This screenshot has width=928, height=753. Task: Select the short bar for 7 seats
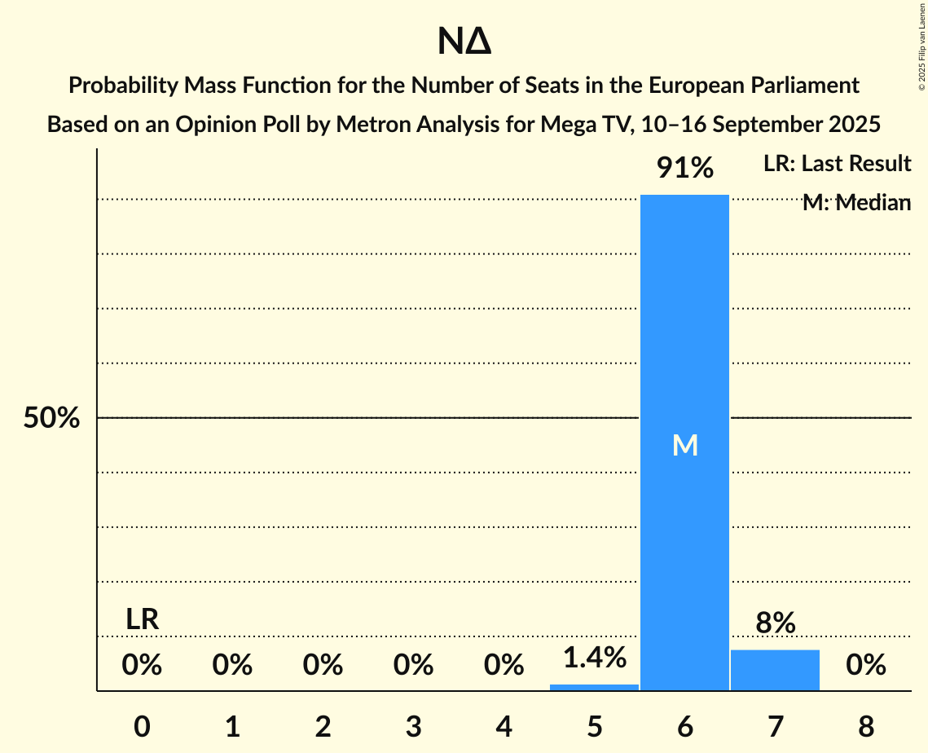775,670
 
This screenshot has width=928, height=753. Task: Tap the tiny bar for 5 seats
594,687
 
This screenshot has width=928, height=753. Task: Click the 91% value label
685,169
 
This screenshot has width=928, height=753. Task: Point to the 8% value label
775,623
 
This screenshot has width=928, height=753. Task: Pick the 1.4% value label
594,656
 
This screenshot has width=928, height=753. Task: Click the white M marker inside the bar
685,445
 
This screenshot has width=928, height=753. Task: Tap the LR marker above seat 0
142,619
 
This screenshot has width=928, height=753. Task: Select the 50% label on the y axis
51,418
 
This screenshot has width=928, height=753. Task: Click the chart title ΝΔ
464,42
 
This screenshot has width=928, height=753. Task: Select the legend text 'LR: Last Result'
837,164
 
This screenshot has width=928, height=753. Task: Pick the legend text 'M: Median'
855,203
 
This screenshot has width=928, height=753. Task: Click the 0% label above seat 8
865,666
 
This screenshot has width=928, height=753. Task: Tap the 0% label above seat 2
323,666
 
